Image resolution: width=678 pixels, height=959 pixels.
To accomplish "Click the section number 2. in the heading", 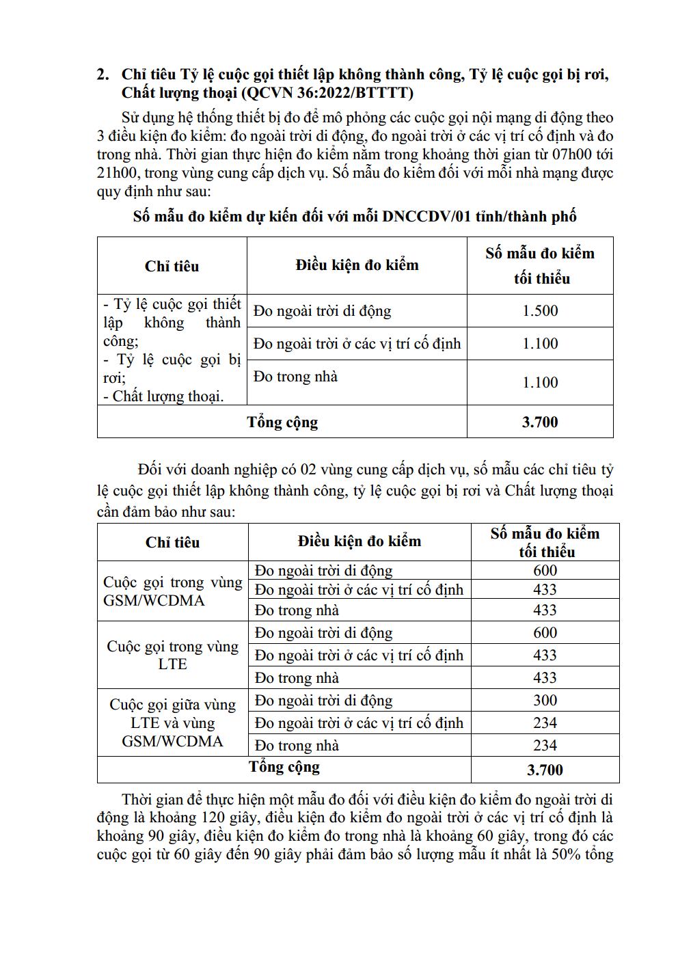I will [104, 75].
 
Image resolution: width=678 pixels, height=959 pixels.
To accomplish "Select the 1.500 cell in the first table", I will [540, 311].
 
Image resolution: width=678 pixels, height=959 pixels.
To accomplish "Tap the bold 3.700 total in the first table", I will [540, 422].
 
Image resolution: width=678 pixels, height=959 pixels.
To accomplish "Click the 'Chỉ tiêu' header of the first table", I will [172, 267].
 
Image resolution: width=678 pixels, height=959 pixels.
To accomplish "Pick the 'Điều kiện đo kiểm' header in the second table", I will [360, 542].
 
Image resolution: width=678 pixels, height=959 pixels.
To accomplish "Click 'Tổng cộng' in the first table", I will [282, 422].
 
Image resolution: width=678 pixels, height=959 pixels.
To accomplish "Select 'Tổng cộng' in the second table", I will [284, 767].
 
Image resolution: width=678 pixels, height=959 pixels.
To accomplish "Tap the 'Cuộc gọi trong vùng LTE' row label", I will [172, 655].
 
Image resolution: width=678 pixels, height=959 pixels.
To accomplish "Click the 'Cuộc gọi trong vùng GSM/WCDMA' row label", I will [172, 591].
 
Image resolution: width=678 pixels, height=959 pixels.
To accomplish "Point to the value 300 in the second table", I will [545, 701].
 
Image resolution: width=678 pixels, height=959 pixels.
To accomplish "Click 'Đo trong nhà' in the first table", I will [295, 377].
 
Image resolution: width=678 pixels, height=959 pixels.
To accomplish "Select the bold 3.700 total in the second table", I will [545, 770].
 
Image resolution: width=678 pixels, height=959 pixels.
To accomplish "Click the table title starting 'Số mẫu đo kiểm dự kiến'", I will [355, 217].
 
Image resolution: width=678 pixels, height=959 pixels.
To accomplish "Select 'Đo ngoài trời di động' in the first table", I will [322, 312].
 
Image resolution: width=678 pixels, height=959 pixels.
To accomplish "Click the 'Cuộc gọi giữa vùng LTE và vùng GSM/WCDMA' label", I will [172, 722].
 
